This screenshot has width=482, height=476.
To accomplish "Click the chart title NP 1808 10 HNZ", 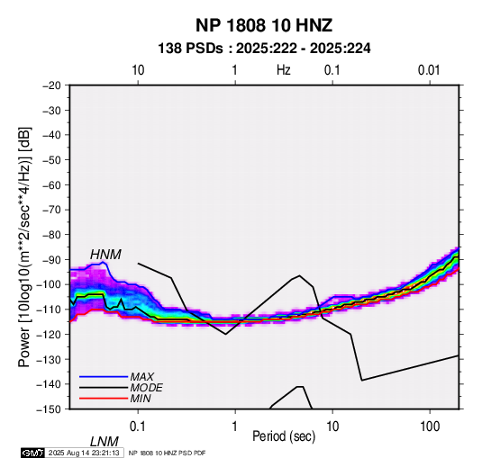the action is [x=264, y=25].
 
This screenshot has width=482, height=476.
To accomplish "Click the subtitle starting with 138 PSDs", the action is [x=264, y=49].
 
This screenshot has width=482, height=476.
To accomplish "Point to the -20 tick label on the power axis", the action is [x=51, y=85].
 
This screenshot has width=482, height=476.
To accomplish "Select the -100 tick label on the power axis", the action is [x=49, y=284].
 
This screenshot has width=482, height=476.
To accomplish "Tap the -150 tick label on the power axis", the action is [x=49, y=409].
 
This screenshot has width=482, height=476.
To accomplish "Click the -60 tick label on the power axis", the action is [x=51, y=184].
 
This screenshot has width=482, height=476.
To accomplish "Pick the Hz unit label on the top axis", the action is [x=284, y=70].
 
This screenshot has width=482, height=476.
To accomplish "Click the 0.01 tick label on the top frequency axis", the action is [x=429, y=70].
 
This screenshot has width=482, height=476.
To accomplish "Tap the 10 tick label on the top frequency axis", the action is [x=138, y=70].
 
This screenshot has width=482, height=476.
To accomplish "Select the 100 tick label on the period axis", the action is [x=430, y=427].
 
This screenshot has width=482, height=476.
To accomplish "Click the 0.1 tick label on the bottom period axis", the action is [x=138, y=427].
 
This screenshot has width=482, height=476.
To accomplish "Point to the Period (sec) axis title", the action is [x=284, y=436].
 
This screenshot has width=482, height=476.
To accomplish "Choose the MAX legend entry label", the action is [x=141, y=377].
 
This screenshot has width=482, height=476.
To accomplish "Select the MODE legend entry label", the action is [x=146, y=388].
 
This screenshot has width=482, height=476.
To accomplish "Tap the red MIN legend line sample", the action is [x=104, y=399].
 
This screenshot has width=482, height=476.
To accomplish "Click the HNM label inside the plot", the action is [x=105, y=255].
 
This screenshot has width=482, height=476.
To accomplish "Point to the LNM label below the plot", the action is [x=105, y=442].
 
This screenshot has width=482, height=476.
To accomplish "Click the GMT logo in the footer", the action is [x=32, y=453].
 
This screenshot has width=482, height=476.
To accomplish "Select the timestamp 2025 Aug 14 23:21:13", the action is [x=84, y=453].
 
